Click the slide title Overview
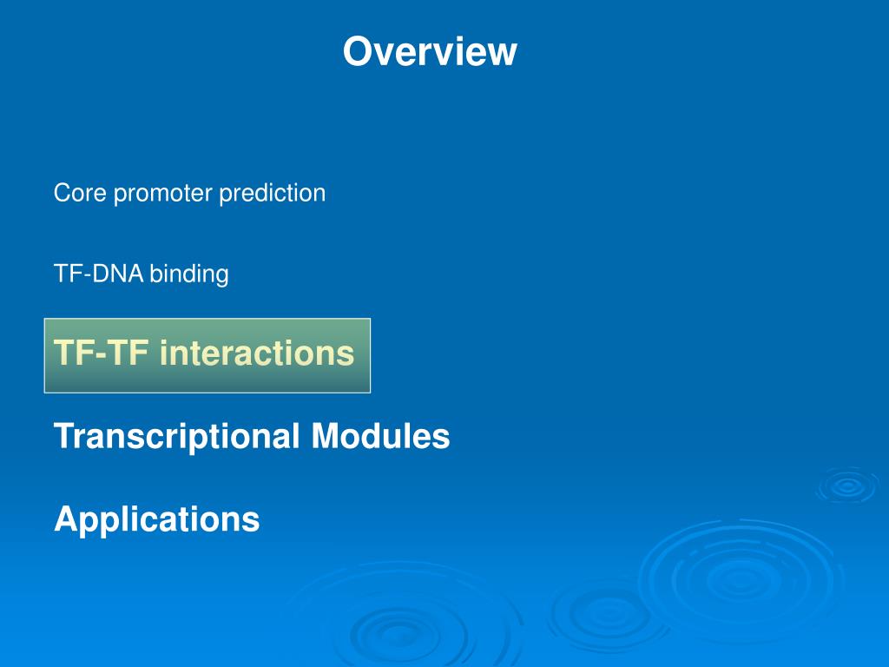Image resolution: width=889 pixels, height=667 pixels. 430,51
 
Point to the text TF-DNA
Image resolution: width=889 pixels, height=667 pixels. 99,274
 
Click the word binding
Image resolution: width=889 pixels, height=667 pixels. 188,275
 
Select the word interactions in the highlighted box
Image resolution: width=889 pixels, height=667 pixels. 257,353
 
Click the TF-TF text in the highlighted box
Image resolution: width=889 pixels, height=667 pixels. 101,353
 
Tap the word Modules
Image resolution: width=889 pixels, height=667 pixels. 380,436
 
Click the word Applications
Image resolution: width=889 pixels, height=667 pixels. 157,520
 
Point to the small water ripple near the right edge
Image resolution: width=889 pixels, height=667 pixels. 847,485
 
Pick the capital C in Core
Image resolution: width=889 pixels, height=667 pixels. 63,193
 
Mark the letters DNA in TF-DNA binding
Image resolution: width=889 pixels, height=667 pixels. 118,274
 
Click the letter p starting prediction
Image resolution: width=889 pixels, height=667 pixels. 225,196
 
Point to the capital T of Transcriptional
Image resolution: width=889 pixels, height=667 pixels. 65,436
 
